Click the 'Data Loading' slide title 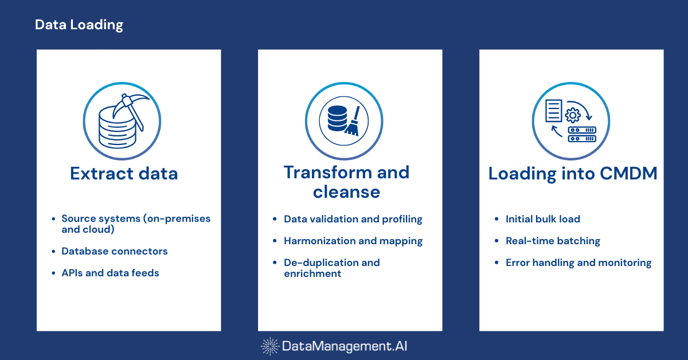click(x=79, y=25)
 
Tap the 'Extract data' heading click(x=124, y=173)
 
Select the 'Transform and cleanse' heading click(x=346, y=181)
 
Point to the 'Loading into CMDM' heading click(x=572, y=173)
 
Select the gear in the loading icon click(x=572, y=115)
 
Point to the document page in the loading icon click(x=554, y=110)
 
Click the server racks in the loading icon click(x=582, y=135)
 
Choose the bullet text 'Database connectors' click(x=114, y=251)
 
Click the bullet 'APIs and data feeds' click(x=110, y=273)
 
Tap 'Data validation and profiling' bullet click(x=353, y=219)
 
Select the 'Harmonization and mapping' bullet click(x=353, y=241)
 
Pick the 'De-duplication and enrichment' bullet click(x=331, y=268)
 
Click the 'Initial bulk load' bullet click(x=542, y=219)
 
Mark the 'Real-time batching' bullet click(x=553, y=241)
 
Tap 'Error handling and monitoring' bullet click(x=578, y=263)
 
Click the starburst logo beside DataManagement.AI click(x=270, y=346)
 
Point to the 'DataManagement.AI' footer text click(x=345, y=346)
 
